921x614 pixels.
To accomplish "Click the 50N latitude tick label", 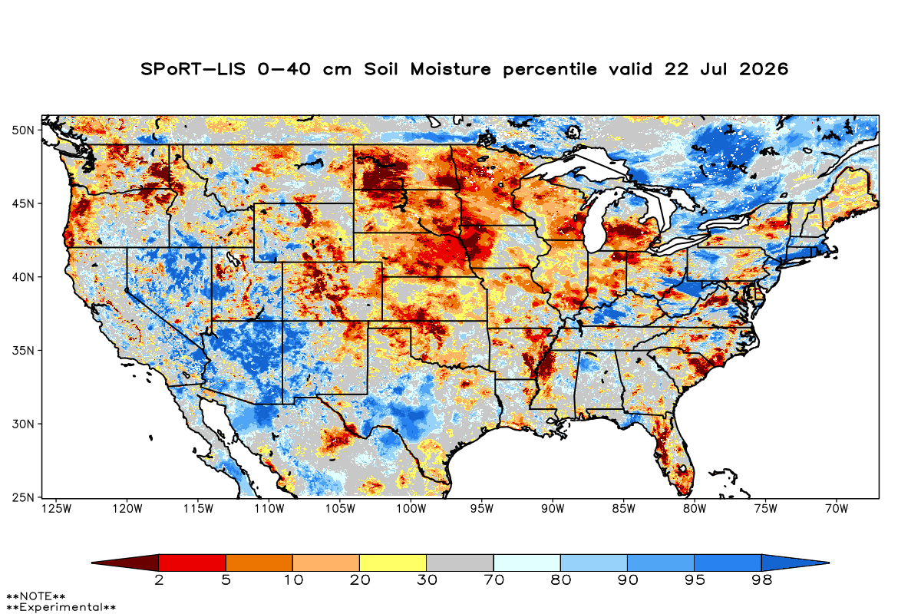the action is [23, 130].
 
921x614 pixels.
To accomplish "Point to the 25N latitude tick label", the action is [23, 498].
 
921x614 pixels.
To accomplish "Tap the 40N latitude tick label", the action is [23, 278].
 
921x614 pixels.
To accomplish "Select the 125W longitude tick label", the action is [56, 509].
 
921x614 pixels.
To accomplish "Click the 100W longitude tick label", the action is [411, 509].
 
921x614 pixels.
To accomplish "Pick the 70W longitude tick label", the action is [837, 509].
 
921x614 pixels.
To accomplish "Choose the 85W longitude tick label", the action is [624, 509].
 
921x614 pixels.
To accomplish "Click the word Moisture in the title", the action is [451, 69].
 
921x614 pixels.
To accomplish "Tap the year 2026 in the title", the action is [764, 69].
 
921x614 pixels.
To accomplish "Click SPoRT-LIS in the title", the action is [193, 69].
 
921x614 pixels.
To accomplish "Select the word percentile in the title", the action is [550, 70].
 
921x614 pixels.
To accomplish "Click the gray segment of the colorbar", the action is [460, 563].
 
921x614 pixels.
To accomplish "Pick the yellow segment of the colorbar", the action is [393, 563].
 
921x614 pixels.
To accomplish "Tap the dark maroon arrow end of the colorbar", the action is [125, 563].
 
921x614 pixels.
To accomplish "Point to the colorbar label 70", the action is [494, 580].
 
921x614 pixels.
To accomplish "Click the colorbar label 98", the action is [761, 580].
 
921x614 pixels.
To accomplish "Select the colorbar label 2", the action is [159, 580].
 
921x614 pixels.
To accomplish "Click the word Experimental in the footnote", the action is [61, 607].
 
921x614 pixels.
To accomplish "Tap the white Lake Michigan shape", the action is [595, 222].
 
